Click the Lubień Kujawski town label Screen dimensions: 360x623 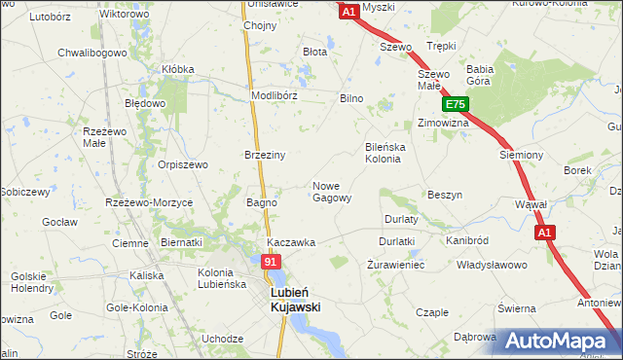(294, 298)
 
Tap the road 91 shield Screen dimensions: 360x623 (272, 262)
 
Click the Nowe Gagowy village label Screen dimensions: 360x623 (331, 192)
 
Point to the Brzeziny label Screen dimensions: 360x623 (264, 155)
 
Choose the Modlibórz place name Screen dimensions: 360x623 (274, 96)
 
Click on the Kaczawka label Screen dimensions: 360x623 (291, 242)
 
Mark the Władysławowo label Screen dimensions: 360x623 (493, 264)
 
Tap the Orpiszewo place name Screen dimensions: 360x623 (183, 164)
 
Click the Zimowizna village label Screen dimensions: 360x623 (443, 124)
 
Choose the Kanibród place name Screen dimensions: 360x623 (466, 239)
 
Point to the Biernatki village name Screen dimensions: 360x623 (180, 242)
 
